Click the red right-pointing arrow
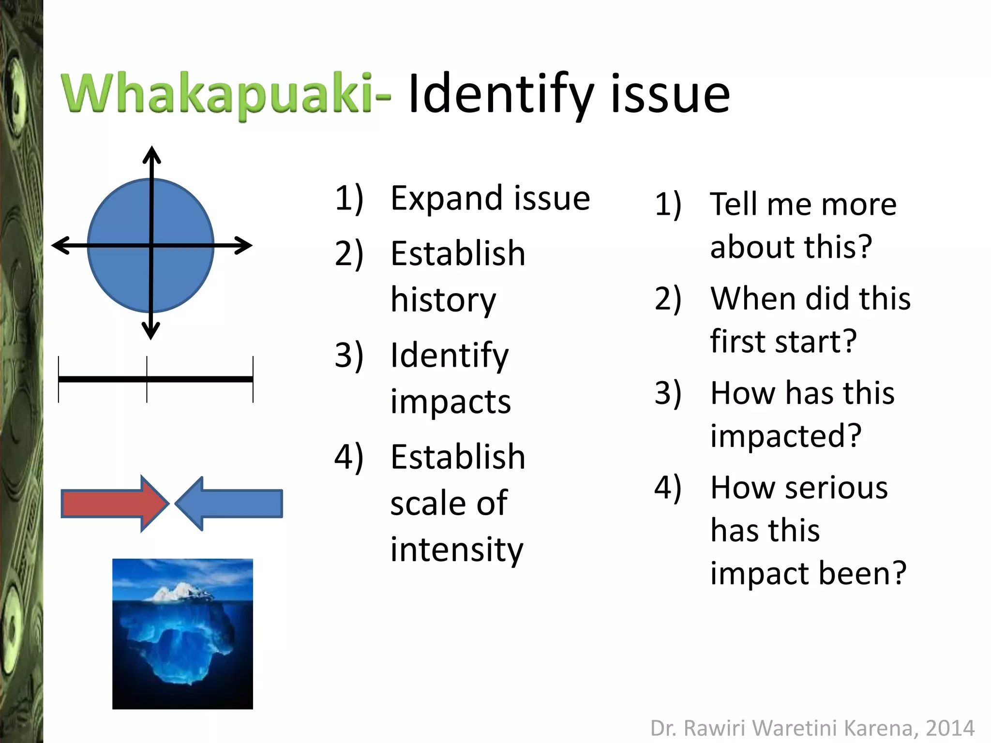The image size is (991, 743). coord(114,504)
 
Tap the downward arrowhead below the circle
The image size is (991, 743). coord(151,331)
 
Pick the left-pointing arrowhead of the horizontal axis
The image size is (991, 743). coord(60,245)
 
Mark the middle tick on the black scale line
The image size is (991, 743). coord(147,379)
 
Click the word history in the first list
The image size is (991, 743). coord(443,300)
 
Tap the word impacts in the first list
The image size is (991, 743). coord(450,401)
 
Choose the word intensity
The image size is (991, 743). coord(457,550)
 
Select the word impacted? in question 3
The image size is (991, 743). coord(786,435)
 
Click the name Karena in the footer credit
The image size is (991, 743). coord(879,728)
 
